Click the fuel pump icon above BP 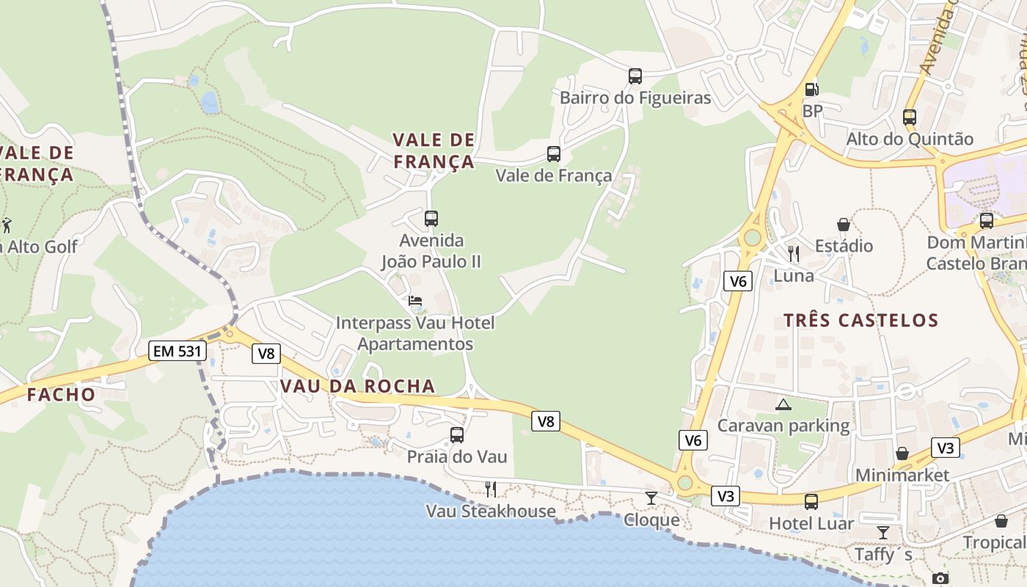(x=811, y=90)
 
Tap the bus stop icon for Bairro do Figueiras (x=635, y=76)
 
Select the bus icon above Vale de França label (x=554, y=154)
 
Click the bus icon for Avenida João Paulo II (x=431, y=218)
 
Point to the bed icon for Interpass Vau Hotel (x=415, y=301)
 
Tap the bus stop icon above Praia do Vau (x=457, y=434)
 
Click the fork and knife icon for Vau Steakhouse (x=491, y=489)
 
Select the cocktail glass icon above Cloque (x=651, y=498)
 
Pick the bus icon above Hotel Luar (x=811, y=502)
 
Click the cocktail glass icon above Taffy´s (x=883, y=532)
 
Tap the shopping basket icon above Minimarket (x=902, y=453)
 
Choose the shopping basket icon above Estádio (x=844, y=224)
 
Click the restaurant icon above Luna (x=794, y=254)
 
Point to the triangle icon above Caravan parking (x=783, y=404)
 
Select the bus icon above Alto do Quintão (x=910, y=117)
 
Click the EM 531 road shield (x=177, y=351)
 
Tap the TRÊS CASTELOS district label (x=860, y=320)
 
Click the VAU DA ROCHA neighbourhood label (x=358, y=386)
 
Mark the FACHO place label (x=62, y=395)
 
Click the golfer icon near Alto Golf (x=7, y=225)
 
